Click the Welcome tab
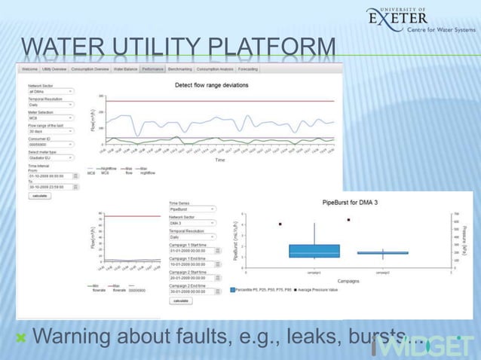(x=29, y=69)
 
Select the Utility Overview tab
(x=54, y=69)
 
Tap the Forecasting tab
(x=247, y=69)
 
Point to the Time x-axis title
(x=219, y=160)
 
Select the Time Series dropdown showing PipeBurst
(x=192, y=208)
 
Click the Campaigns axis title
(x=348, y=280)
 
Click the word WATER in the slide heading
(x=57, y=47)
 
